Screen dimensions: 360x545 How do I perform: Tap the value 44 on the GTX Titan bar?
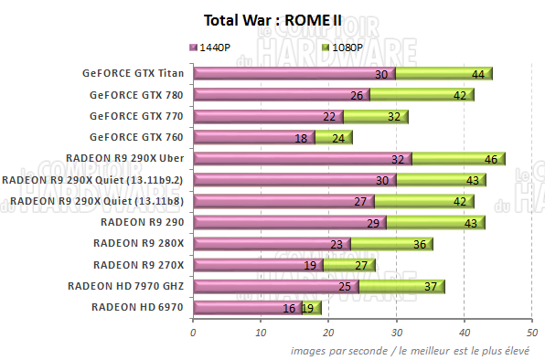pyautogui.click(x=478, y=74)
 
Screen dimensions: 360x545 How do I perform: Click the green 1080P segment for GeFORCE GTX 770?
pyautogui.click(x=375, y=116)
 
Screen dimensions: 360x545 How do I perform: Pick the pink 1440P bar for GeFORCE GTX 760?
pyautogui.click(x=251, y=137)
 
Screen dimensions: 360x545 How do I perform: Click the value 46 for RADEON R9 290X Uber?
pyautogui.click(x=491, y=159)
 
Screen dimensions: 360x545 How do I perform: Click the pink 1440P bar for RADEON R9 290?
pyautogui.click(x=288, y=222)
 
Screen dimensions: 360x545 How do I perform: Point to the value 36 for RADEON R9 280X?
pyautogui.click(x=421, y=244)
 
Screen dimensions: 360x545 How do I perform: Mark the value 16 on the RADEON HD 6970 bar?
pyautogui.click(x=289, y=308)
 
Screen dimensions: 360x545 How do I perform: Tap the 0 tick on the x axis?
pyautogui.click(x=193, y=333)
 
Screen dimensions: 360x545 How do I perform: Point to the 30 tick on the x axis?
pyautogui.click(x=396, y=333)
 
